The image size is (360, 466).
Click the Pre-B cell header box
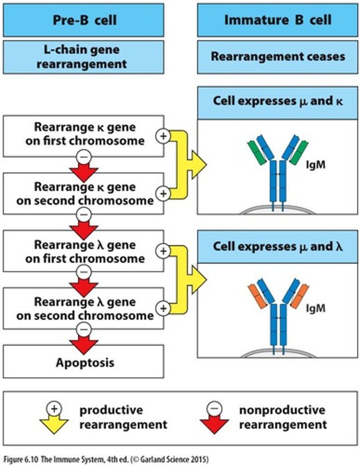[x=83, y=20]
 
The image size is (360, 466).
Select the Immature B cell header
[x=278, y=20]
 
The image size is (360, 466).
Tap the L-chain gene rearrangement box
[x=83, y=57]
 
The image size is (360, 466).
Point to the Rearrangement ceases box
[x=278, y=57]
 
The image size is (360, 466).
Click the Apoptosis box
[x=83, y=363]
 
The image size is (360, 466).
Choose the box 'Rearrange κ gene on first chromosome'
[x=83, y=134]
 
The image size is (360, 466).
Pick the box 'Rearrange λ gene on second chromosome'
[x=83, y=309]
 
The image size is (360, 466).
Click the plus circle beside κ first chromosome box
[x=163, y=136]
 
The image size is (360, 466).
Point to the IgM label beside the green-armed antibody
[x=315, y=165]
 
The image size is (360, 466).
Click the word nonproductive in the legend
[x=282, y=410]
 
